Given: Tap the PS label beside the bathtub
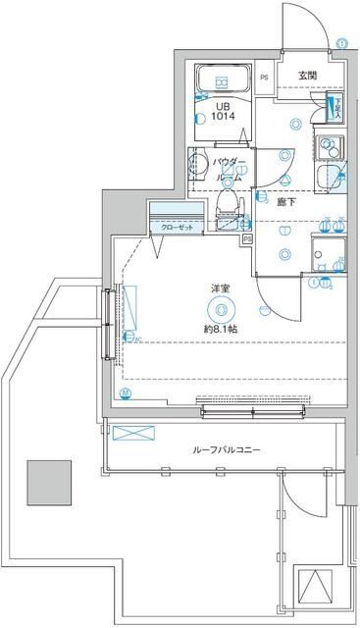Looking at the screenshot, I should pos(264,78).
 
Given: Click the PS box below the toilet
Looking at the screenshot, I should pos(247,237).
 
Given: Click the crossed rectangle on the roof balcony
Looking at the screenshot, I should pos(130,433).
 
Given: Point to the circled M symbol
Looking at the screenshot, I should pos(125,394).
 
